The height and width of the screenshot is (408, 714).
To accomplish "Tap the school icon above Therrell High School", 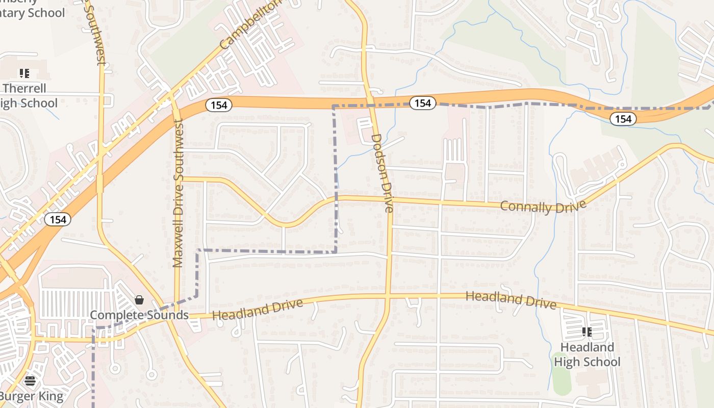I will coord(24,73).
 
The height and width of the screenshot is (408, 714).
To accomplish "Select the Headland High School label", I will coord(587,354).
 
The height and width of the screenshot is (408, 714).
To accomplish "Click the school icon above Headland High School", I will coord(587,333).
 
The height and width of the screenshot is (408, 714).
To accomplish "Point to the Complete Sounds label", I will coord(139,315).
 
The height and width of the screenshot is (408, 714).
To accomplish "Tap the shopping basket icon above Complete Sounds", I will coord(139,300).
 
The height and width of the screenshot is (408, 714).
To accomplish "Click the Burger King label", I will coord(32,396).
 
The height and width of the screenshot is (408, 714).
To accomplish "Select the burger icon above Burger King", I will coord(30,381).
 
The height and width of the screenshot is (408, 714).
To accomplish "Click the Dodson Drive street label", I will coord(382,173).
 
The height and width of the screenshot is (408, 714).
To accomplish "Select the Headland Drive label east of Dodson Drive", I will coord(511,299).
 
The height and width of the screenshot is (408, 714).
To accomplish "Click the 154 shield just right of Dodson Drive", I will coord(422,104).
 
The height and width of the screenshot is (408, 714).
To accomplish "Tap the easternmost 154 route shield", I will coord(623,119).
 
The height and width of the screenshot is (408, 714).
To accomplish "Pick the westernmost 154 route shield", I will coord(58,219).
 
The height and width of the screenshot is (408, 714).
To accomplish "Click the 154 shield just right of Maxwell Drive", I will coord(219,105).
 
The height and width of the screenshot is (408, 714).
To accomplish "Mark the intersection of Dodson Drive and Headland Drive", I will coord(388,296).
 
